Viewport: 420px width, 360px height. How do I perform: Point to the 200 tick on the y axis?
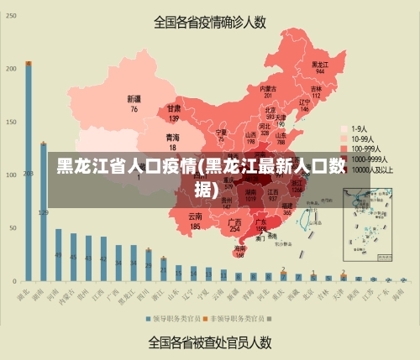click(12, 69)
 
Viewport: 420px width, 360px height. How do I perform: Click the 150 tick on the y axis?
click(12, 122)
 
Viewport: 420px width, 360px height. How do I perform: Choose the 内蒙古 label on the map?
click(268, 88)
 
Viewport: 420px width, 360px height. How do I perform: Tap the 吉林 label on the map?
click(316, 88)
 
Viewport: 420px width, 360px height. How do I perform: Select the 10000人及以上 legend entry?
click(370, 169)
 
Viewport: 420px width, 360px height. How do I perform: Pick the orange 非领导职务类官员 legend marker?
click(205, 320)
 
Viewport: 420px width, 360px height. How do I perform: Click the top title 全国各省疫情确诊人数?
click(210, 23)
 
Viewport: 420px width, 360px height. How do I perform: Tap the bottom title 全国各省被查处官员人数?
click(210, 342)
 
